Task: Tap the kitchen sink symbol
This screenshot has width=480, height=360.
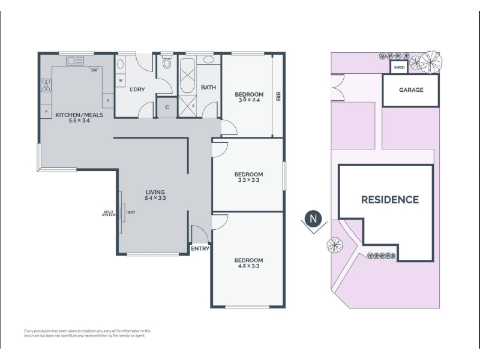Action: [75, 61]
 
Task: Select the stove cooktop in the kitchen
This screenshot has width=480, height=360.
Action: [46, 85]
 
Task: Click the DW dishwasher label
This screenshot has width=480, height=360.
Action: [94, 70]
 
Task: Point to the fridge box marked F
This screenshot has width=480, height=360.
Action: [108, 100]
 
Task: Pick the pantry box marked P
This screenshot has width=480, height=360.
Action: [46, 111]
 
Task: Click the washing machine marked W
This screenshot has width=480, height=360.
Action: [121, 80]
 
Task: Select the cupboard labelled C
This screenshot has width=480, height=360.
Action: [167, 107]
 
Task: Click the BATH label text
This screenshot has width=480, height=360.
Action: [208, 88]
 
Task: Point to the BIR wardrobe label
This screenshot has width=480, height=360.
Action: [278, 97]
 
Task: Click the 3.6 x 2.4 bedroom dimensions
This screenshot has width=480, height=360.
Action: [249, 100]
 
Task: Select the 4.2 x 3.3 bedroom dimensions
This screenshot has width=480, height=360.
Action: [248, 266]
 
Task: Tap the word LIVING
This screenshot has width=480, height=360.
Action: [155, 192]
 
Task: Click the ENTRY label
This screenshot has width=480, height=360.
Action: [200, 248]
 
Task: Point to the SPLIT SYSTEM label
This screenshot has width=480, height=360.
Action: [109, 214]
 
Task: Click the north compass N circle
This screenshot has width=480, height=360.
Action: [313, 219]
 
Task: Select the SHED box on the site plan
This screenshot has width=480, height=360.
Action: [399, 67]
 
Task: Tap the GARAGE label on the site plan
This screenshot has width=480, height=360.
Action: [411, 89]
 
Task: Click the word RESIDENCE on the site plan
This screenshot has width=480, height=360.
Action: [390, 200]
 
